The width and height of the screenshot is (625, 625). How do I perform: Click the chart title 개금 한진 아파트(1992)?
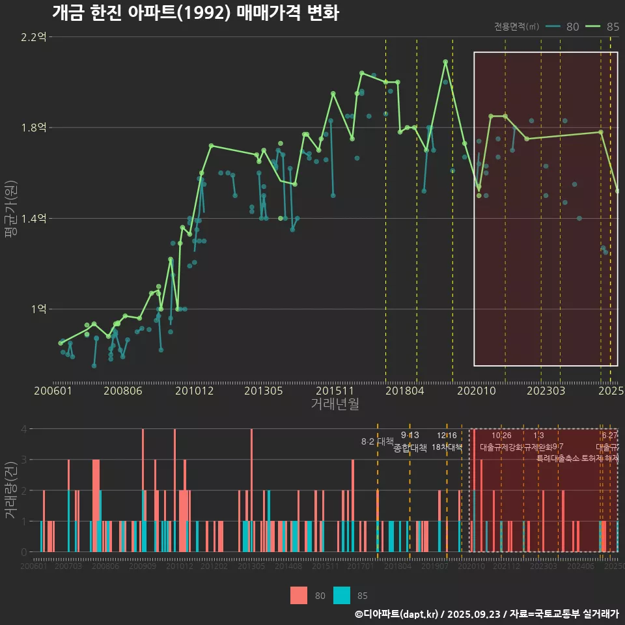(195, 13)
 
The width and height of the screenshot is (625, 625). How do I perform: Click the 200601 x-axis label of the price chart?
(53, 391)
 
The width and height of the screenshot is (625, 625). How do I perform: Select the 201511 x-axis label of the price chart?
(335, 391)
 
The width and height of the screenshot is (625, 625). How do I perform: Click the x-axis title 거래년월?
(335, 404)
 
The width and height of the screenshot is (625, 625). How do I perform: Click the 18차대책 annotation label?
(447, 447)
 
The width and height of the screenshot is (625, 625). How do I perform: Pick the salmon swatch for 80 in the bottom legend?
(298, 595)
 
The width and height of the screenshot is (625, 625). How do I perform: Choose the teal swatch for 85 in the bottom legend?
(341, 595)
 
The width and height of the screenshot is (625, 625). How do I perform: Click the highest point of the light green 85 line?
(445, 62)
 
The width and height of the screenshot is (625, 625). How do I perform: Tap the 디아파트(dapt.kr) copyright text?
(401, 614)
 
